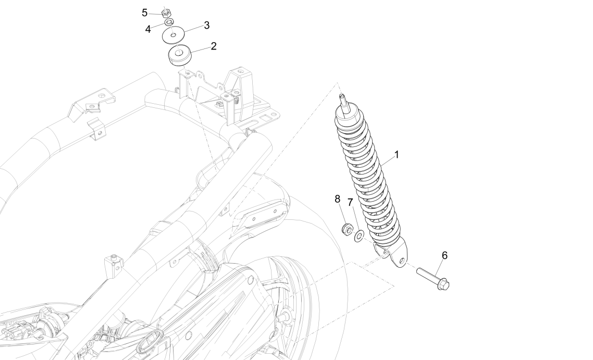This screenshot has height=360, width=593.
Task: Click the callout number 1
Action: tap(397, 155)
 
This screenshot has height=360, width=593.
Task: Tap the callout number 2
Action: tap(214, 46)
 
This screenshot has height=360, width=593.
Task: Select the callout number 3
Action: tap(206, 25)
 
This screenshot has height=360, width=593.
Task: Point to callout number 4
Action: tap(148, 29)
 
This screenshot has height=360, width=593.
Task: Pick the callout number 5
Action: tap(145, 12)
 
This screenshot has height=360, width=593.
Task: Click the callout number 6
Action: tap(444, 255)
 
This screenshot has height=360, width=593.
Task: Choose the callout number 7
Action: tap(351, 202)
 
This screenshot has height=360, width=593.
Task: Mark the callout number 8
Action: tap(338, 198)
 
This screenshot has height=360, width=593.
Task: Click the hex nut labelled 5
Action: tap(167, 11)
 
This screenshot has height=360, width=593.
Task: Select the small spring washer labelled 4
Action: tap(169, 22)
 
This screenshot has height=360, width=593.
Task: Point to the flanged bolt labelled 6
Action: tap(433, 277)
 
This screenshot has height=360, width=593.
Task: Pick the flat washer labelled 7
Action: tap(359, 238)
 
